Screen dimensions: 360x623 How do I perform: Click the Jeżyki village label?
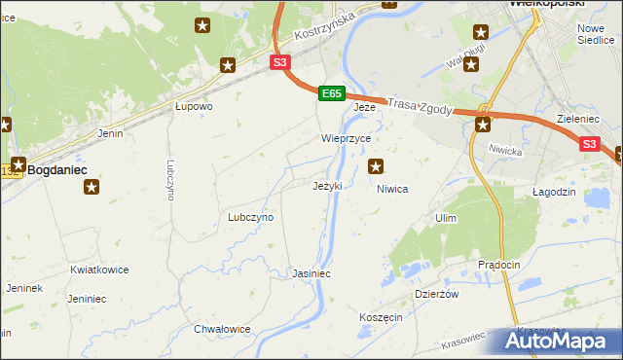coord(326,186)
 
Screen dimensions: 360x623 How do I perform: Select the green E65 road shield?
coord(331,93)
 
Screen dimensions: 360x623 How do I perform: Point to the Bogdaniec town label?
coord(57,169)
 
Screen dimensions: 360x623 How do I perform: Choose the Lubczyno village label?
coord(250,217)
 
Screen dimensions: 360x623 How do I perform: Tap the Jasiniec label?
coord(311,274)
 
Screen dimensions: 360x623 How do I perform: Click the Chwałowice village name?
coord(222,329)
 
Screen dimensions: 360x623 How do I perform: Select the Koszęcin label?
coord(381,317)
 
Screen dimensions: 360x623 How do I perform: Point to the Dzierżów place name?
coord(436,293)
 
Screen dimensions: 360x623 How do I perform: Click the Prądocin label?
coord(500,265)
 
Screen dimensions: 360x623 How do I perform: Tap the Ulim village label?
coord(447,218)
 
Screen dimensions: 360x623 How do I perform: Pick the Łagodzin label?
coord(555,193)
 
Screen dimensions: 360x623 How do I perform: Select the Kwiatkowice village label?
coord(99,270)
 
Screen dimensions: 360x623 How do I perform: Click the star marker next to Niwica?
coord(376,167)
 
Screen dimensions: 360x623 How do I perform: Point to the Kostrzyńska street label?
coord(325,29)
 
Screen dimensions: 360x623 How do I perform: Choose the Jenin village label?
coord(110,133)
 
